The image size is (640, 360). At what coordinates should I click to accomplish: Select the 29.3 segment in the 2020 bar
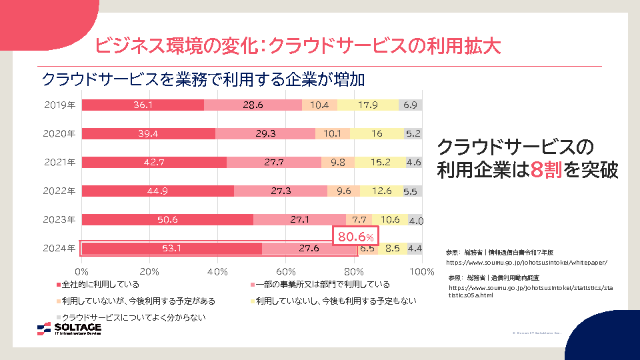tap(265, 133)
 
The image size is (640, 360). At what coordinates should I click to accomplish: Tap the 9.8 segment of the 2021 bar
tap(337, 162)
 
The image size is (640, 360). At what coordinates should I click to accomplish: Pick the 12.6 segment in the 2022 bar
tap(381, 191)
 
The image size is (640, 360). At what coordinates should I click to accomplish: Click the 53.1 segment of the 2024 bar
tap(172, 249)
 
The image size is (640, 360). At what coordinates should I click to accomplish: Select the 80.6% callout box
tap(356, 236)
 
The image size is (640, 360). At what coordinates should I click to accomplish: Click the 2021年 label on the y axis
tap(59, 162)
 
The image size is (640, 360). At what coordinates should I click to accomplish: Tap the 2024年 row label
tap(59, 249)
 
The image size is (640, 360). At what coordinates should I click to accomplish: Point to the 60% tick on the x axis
tap(285, 271)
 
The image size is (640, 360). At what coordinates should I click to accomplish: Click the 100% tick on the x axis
tap(421, 271)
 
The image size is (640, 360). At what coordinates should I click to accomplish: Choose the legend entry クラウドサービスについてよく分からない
tap(133, 317)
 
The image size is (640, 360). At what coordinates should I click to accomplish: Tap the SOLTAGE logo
tap(69, 329)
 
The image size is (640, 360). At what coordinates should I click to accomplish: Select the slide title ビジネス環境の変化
tap(297, 45)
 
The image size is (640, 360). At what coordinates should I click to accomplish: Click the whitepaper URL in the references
tap(527, 263)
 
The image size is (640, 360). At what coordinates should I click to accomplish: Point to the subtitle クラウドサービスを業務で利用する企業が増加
tap(203, 79)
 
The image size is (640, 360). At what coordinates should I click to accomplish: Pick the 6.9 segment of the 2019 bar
tap(410, 105)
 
